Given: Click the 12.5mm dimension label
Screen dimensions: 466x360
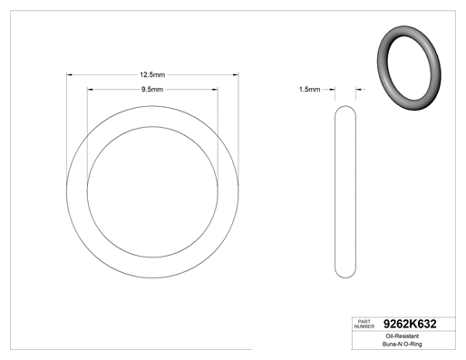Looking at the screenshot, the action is pyautogui.click(x=152, y=74).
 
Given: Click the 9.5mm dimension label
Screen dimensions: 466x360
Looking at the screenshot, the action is pyautogui.click(x=152, y=90).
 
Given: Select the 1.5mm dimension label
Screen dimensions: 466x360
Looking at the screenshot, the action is pyautogui.click(x=309, y=90).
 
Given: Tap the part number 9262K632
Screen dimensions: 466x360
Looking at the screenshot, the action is pyautogui.click(x=410, y=324).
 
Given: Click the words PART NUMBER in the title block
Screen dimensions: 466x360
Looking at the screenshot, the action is pyautogui.click(x=364, y=324).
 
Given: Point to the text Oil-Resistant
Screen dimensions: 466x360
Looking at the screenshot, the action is pyautogui.click(x=403, y=336).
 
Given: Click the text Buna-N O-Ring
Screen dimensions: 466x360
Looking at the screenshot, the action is pyautogui.click(x=403, y=344).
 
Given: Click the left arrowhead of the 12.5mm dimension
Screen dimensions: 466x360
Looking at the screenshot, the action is pyautogui.click(x=69, y=74).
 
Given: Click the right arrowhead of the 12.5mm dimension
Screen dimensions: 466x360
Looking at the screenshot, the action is pyautogui.click(x=236, y=74).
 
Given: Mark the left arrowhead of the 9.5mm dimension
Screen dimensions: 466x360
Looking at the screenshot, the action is pyautogui.click(x=90, y=90).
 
